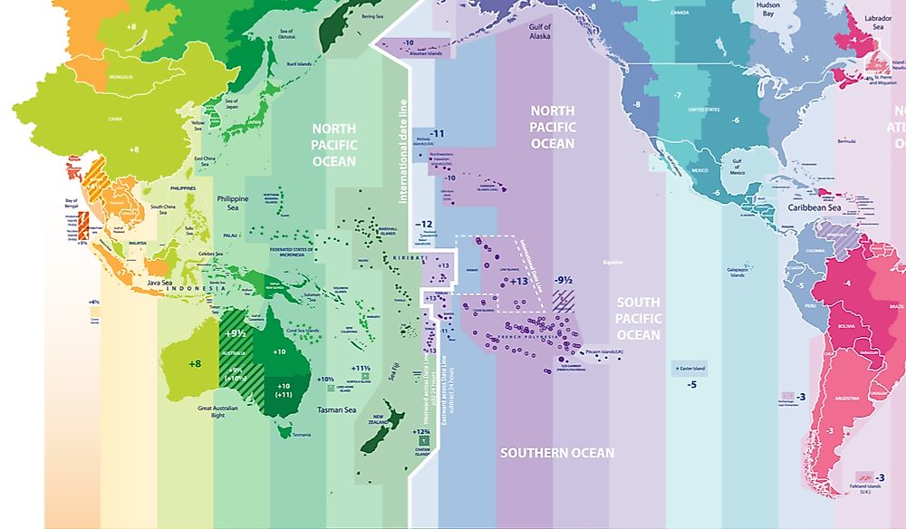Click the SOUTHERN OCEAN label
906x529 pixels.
click(x=557, y=453)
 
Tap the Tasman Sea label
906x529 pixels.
click(x=317, y=410)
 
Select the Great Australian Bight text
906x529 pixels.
click(x=223, y=413)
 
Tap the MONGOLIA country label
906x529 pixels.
click(x=121, y=77)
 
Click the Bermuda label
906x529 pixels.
click(x=846, y=141)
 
